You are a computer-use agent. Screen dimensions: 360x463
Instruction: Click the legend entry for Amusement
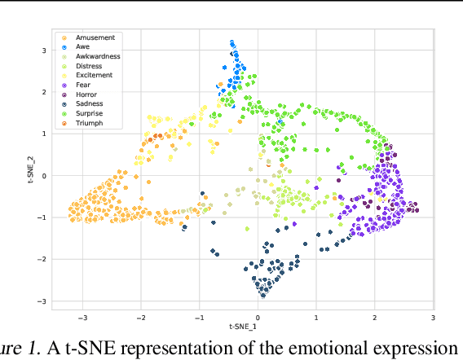[95, 37]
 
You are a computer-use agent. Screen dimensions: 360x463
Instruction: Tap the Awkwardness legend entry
[98, 56]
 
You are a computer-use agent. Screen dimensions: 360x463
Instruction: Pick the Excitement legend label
[95, 75]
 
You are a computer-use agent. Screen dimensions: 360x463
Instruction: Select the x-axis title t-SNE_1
[257, 327]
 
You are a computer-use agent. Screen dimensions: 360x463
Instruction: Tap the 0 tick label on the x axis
[258, 317]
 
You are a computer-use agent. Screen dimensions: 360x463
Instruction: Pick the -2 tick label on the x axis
[139, 317]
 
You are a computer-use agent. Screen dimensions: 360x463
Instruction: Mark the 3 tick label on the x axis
[433, 317]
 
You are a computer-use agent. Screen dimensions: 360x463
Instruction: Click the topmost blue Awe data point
[232, 42]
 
